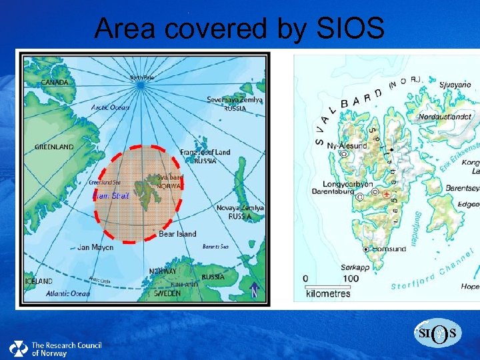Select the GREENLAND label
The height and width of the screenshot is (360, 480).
tap(54, 147)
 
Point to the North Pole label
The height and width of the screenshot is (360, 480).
tap(141, 77)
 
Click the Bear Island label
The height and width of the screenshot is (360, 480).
tap(177, 234)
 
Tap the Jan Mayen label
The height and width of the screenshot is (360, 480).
tap(95, 247)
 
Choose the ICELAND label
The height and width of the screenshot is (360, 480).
tap(39, 281)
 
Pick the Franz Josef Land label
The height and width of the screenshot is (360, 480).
tap(205, 152)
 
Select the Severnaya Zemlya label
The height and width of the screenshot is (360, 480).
tap(235, 100)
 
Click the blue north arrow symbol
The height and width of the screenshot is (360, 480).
tap(254, 290)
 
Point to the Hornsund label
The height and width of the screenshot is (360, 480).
tap(387, 249)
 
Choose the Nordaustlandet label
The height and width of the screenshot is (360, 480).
tap(445, 116)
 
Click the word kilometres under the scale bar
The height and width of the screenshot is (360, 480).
tap(328, 293)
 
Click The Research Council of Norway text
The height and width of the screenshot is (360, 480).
tap(66, 349)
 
